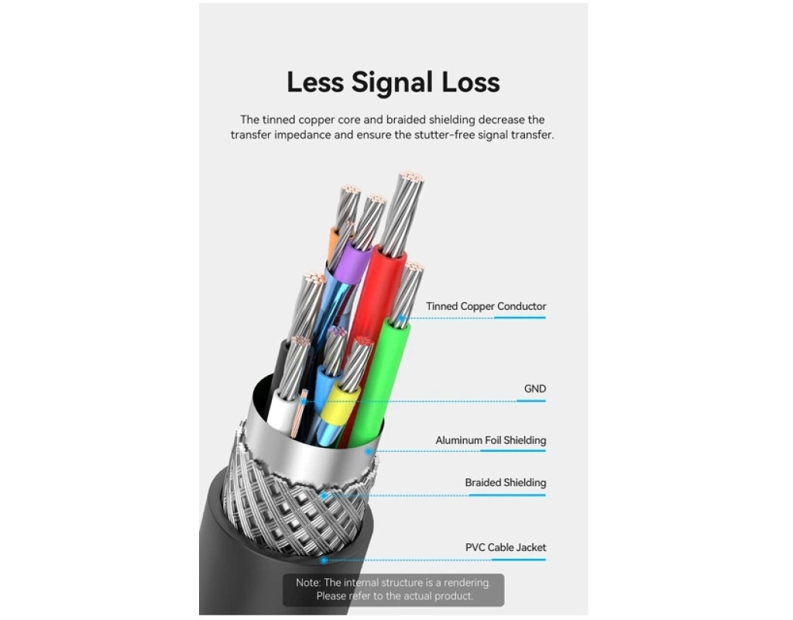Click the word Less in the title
tap(316, 82)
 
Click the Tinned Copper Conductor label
tap(486, 306)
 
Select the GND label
tap(535, 389)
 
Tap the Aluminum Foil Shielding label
tap(490, 440)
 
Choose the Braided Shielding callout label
tap(505, 483)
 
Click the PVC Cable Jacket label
tap(506, 547)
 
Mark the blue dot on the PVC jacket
tap(324, 560)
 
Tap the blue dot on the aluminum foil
tap(369, 451)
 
